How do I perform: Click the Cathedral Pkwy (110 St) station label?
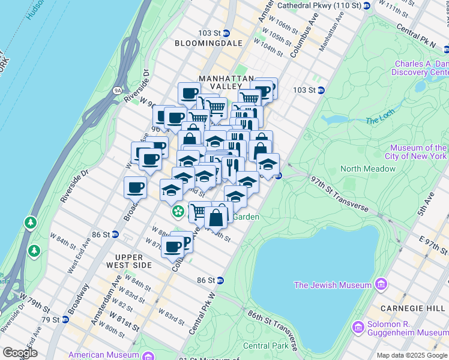tap(324, 5)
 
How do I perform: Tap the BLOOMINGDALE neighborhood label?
tap(208, 43)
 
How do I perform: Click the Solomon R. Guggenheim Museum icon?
tap(358, 327)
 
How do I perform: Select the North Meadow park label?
tap(368, 169)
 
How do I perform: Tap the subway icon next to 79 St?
tap(64, 319)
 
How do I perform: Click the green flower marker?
tap(178, 211)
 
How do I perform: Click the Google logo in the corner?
tap(20, 353)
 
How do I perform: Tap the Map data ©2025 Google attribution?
tap(412, 355)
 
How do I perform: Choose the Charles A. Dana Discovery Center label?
tap(420, 68)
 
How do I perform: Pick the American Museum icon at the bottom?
tap(147, 355)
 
